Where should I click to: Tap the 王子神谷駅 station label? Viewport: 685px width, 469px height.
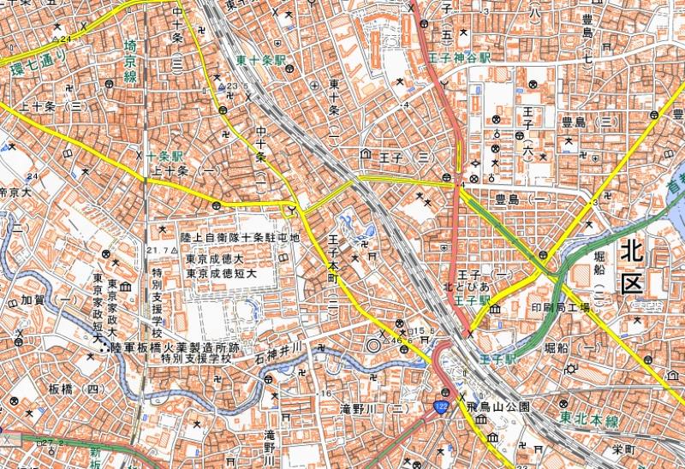click(461, 57)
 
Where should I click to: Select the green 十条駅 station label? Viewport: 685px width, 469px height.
click(165, 157)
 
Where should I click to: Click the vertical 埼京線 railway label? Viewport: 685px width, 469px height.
click(130, 61)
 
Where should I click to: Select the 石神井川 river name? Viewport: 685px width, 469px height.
click(280, 350)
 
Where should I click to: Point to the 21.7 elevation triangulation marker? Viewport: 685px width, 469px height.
click(158, 249)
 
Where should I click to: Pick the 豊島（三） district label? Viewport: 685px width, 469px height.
click(578, 122)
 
